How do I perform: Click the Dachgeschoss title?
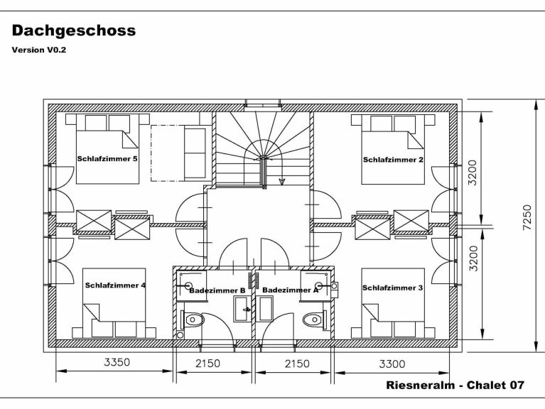pos(73,31)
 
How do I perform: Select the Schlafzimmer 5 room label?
pos(107,159)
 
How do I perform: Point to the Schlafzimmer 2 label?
pos(393,160)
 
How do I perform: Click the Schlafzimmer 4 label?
pos(115,285)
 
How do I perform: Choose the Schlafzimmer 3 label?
pos(392,288)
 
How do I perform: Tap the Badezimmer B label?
pos(217,290)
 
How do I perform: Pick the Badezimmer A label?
pos(289,290)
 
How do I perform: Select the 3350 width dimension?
pos(117,363)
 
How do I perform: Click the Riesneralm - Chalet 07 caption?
pos(455,386)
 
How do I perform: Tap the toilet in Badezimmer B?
pos(193,321)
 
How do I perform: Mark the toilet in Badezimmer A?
pos(313,321)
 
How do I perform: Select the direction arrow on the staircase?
pos(282,180)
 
